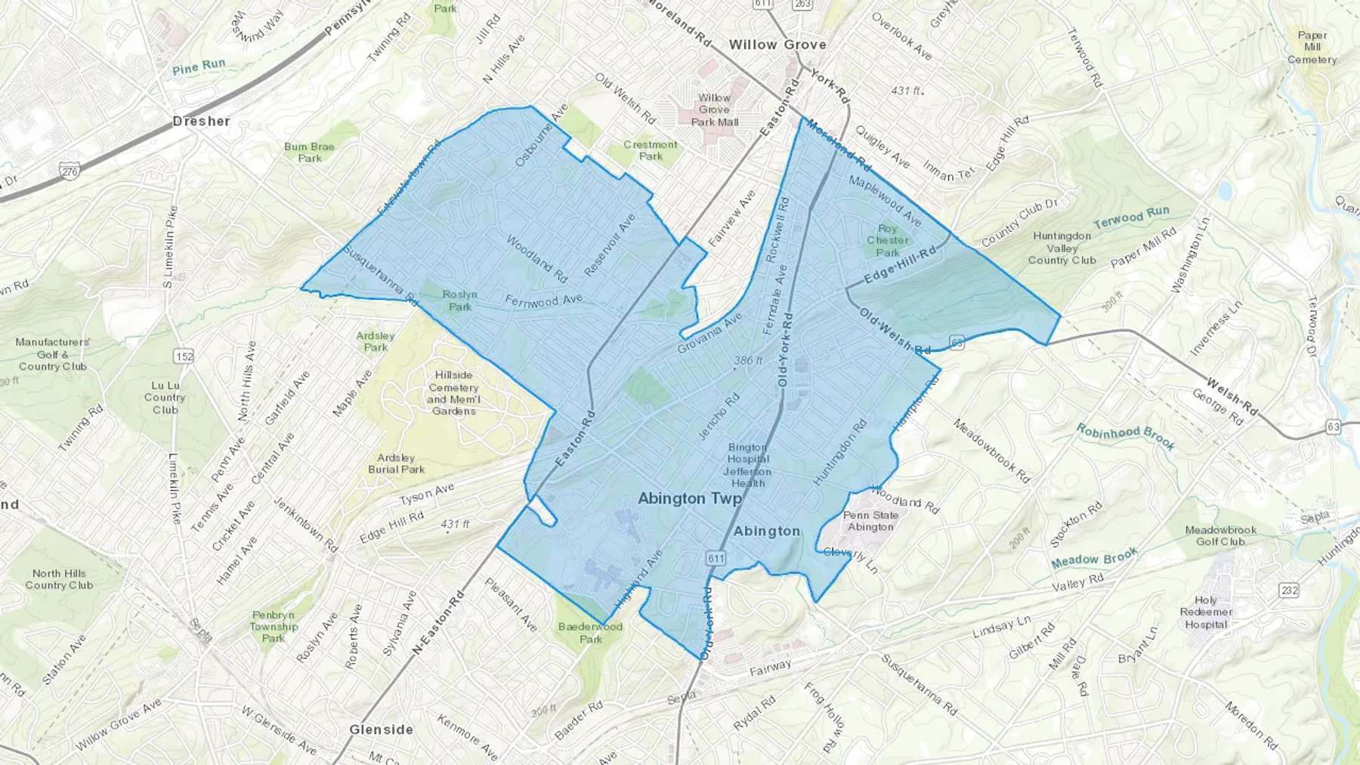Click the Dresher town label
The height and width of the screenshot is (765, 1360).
201,121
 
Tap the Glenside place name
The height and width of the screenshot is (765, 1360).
381,730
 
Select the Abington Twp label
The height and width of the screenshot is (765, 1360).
689,498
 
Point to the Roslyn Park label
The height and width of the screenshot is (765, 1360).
459,301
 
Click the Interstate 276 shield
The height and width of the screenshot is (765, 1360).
70,172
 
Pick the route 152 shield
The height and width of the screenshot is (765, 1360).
184,356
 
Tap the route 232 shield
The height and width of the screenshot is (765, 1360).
1289,590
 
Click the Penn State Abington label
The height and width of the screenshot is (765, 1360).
870,521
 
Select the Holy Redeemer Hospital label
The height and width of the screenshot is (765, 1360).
1206,612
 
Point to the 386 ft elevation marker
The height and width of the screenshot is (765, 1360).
748,361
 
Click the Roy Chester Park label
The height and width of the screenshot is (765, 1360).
888,240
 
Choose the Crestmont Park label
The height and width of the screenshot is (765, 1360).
651,150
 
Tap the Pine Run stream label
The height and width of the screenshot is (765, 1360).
199,67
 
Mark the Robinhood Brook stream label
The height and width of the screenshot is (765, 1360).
1126,436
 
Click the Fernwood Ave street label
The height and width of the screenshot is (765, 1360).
543,301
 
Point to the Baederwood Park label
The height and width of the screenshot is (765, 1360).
591,633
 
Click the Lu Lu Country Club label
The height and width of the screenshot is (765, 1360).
165,397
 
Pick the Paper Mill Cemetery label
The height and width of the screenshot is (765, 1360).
1312,48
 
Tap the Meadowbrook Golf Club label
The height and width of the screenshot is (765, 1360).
1220,535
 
